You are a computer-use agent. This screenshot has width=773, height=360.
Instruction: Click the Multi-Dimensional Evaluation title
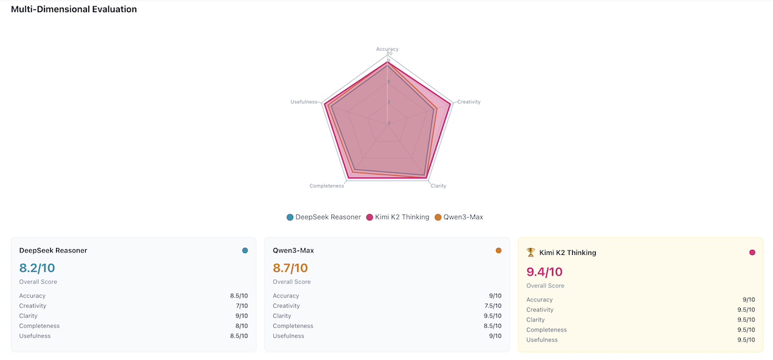point(73,10)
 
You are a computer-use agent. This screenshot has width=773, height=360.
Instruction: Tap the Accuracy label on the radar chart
point(387,49)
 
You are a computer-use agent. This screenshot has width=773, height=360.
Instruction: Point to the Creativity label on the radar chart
point(469,102)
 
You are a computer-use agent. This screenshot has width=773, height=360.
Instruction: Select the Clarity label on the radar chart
point(438,186)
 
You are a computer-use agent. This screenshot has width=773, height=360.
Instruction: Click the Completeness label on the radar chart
point(327,186)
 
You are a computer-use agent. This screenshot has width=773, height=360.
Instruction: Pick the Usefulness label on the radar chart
point(304,102)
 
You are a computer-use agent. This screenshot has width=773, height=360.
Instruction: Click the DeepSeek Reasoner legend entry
point(323,217)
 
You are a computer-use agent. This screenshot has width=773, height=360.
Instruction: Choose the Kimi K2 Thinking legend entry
point(397,217)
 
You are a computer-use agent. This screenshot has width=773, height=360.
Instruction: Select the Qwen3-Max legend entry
point(459,217)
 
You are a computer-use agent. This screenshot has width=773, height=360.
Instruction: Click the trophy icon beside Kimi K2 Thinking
point(531,252)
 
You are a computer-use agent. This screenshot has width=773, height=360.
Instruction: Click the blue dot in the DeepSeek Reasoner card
point(245,251)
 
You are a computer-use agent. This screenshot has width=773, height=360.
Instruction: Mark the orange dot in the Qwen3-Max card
point(499,251)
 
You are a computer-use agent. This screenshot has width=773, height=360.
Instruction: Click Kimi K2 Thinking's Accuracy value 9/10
point(748,299)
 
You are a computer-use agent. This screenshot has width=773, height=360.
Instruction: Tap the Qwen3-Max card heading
point(293,251)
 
